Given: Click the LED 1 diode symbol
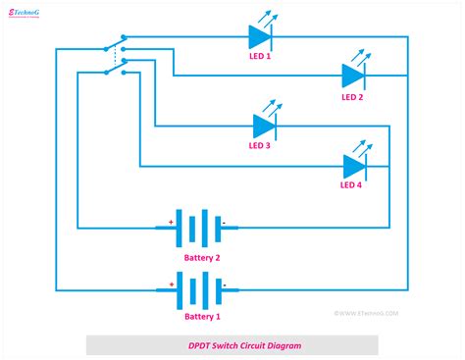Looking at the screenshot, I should click(260, 38).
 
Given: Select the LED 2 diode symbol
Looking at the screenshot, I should click(353, 76).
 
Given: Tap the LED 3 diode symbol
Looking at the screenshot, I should click(264, 126).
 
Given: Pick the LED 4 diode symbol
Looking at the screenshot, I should click(354, 166).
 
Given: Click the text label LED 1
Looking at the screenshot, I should click(260, 59).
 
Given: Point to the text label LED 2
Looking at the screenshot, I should click(352, 97).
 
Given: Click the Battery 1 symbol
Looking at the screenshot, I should click(197, 289).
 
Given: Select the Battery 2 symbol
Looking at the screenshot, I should click(197, 229).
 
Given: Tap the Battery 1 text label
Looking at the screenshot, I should click(203, 316).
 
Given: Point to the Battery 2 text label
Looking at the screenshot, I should click(201, 256).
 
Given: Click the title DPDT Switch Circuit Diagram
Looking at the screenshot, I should click(232, 345).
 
